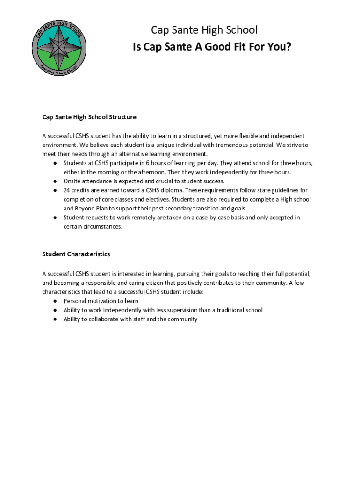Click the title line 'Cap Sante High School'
[204, 30]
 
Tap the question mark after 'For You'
[288, 47]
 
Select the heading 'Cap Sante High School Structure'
[89, 117]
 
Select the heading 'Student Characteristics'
[76, 254]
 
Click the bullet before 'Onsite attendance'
[55, 181]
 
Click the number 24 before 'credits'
[67, 190]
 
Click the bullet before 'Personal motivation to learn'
[55, 301]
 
